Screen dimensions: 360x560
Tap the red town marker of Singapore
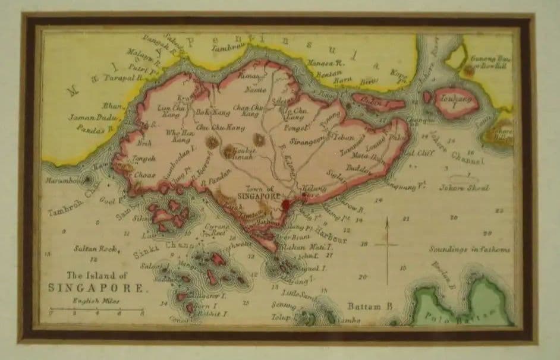click(286, 206)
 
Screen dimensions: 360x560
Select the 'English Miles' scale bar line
click(97, 308)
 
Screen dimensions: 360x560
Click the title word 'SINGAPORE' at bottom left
click(96, 287)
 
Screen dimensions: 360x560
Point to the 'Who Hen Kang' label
click(177, 136)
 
